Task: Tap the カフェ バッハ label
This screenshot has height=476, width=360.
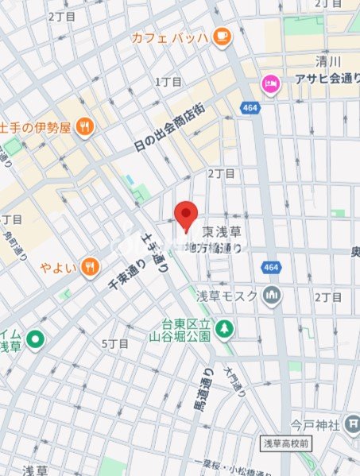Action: (170, 37)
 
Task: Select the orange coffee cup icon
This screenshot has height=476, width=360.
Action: (220, 35)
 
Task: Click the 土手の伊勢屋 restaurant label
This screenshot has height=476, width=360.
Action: (37, 127)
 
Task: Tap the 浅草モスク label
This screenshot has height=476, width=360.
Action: (227, 296)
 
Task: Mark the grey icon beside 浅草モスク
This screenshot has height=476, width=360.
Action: (273, 296)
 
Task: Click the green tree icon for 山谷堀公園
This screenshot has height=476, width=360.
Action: (226, 327)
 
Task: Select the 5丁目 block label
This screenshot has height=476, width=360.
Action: (115, 343)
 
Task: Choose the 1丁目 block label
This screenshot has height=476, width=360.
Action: (168, 82)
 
